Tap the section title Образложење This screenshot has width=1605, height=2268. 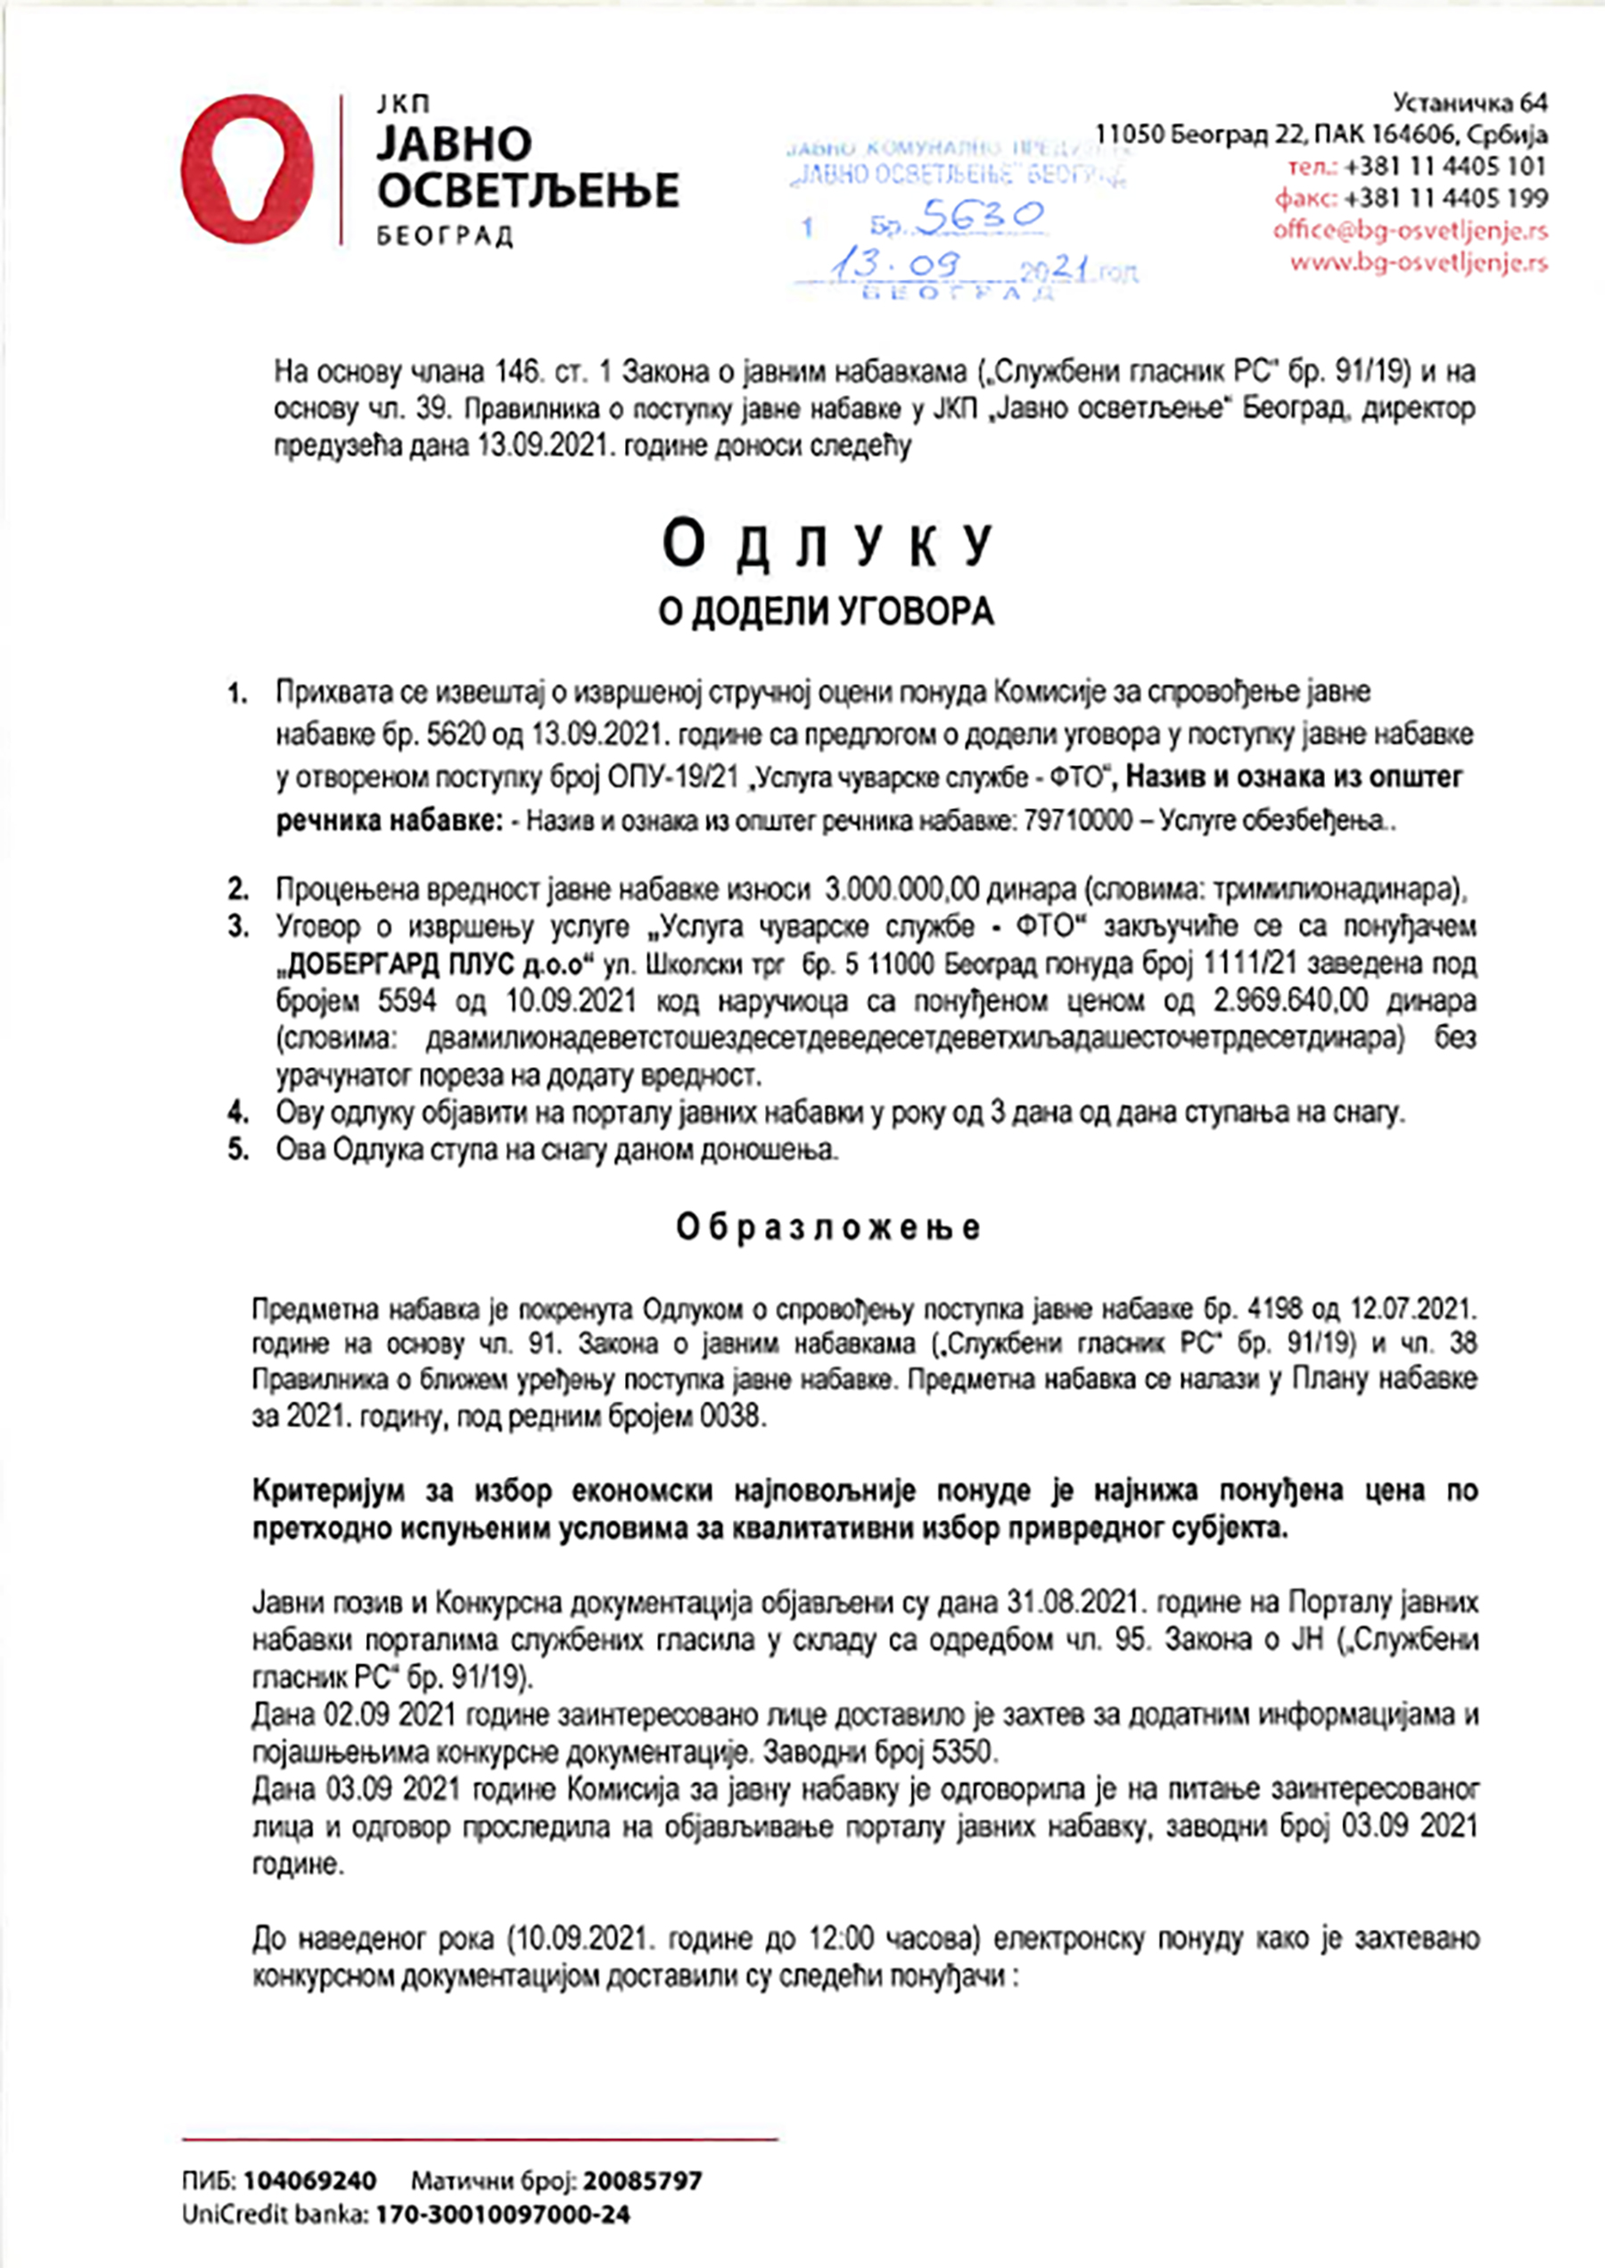pyautogui.click(x=828, y=1228)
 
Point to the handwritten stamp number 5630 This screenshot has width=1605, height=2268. pyautogui.click(x=979, y=217)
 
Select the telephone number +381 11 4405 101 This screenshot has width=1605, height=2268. pyautogui.click(x=1444, y=166)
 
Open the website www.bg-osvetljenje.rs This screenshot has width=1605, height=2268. pyautogui.click(x=1419, y=263)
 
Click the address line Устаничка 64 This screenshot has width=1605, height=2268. pyautogui.click(x=1469, y=103)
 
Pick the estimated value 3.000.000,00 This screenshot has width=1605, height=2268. pyautogui.click(x=901, y=890)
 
